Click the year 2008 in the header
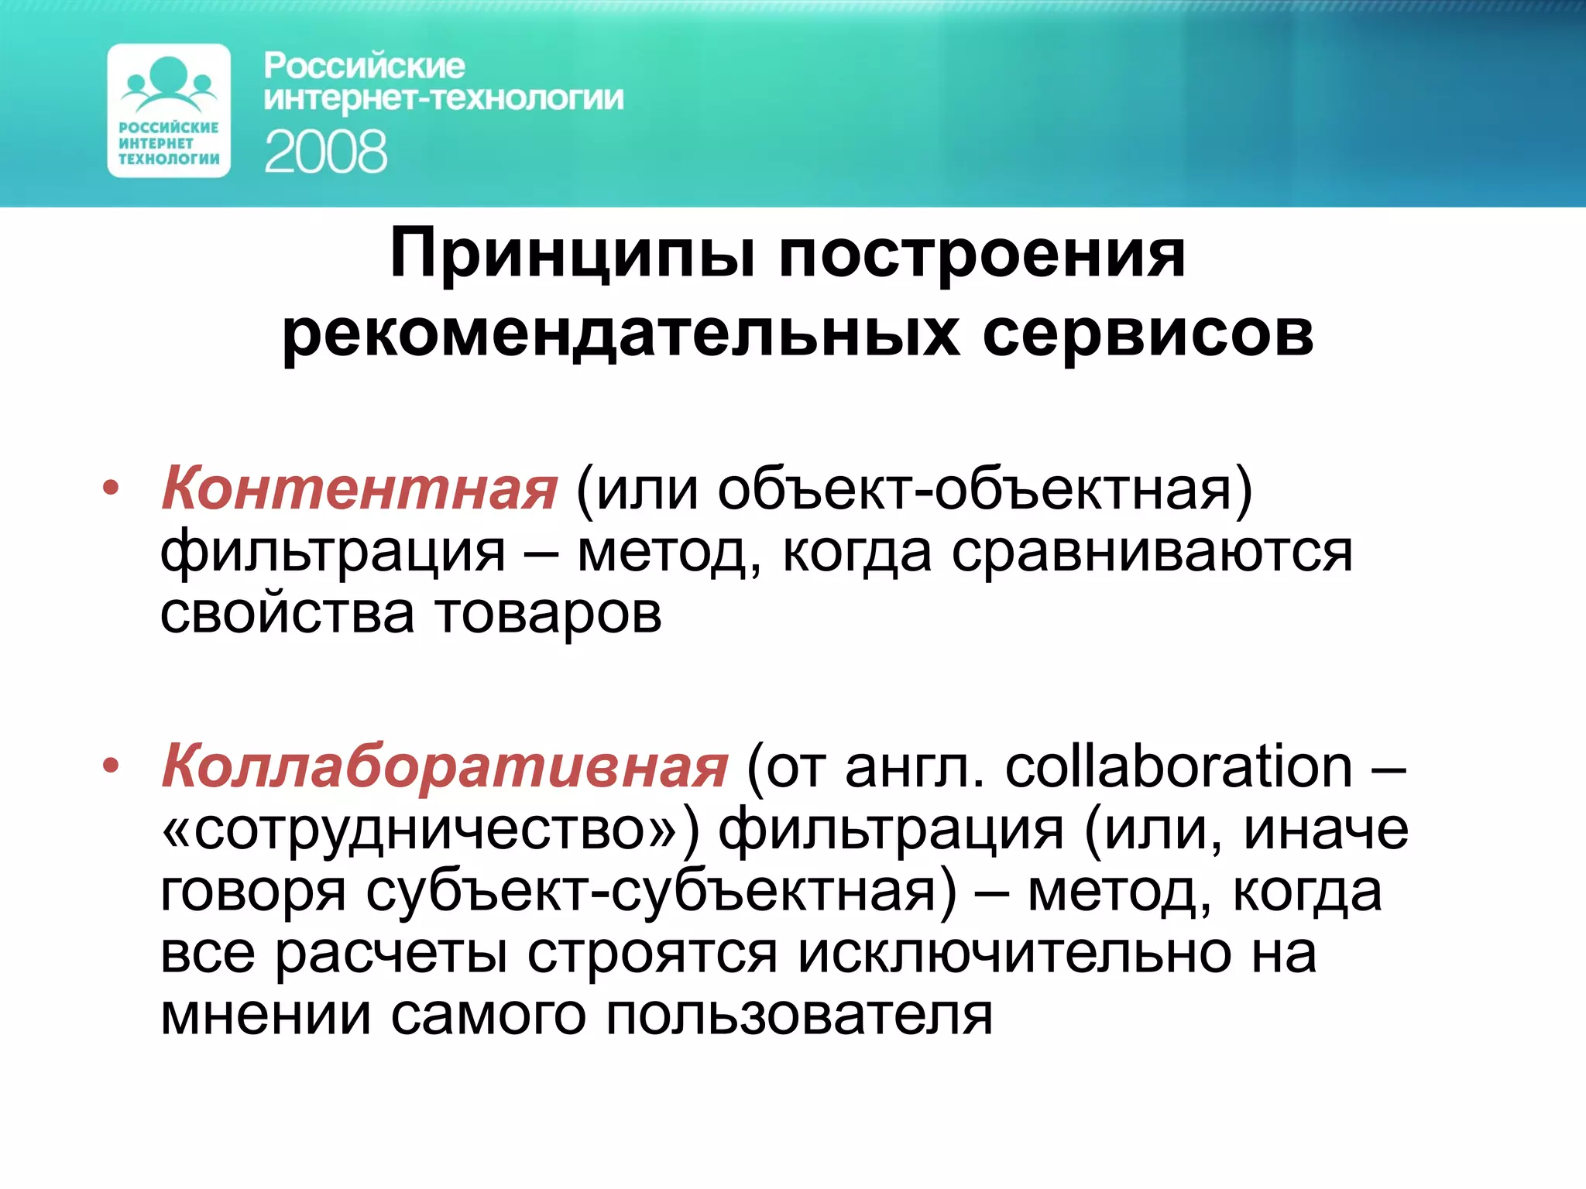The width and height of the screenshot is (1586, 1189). (x=325, y=152)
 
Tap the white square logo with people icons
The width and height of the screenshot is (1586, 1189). (x=169, y=111)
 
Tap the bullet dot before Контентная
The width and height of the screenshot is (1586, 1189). (x=112, y=488)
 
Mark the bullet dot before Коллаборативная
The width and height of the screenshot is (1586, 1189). (x=112, y=766)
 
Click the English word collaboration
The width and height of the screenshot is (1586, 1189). (x=1178, y=766)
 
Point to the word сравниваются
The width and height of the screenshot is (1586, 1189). (x=1152, y=552)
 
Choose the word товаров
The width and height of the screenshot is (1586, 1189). (x=548, y=613)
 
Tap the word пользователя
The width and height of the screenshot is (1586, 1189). (x=798, y=1015)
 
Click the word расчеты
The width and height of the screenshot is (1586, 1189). (x=391, y=953)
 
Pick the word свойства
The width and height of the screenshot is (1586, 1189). (x=287, y=613)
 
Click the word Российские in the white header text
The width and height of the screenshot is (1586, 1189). (x=364, y=67)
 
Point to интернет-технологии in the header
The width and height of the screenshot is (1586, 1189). (x=444, y=99)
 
